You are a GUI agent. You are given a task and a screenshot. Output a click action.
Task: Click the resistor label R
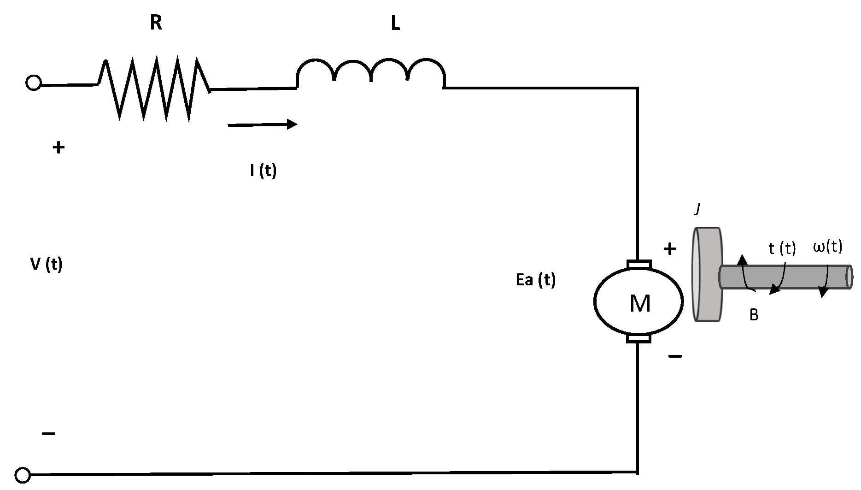click(156, 23)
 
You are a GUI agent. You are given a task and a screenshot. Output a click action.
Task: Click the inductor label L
click(395, 24)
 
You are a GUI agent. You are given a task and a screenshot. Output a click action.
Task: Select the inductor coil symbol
click(371, 73)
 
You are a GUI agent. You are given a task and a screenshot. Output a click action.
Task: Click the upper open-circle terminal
click(33, 84)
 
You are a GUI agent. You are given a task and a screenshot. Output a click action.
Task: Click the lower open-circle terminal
click(23, 474)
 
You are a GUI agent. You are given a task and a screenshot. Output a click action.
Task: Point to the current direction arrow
click(263, 124)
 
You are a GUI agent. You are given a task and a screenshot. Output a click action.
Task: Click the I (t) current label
click(263, 171)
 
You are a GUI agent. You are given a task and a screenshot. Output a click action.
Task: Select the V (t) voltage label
click(46, 264)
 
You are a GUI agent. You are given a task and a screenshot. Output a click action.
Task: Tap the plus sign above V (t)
click(58, 148)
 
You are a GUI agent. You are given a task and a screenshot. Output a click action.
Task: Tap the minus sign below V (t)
click(49, 434)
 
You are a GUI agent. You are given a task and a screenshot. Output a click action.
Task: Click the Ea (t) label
click(536, 280)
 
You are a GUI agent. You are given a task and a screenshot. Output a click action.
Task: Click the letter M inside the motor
click(640, 304)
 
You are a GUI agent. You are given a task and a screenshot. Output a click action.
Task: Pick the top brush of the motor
click(638, 264)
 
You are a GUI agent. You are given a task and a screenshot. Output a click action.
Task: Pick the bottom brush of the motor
click(638, 339)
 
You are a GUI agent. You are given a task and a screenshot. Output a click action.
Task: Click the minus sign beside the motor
click(675, 356)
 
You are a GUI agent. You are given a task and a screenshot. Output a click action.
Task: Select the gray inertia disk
click(707, 274)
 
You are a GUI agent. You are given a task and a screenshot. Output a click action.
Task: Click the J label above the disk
click(697, 210)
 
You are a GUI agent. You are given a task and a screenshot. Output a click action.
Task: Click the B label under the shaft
click(754, 315)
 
